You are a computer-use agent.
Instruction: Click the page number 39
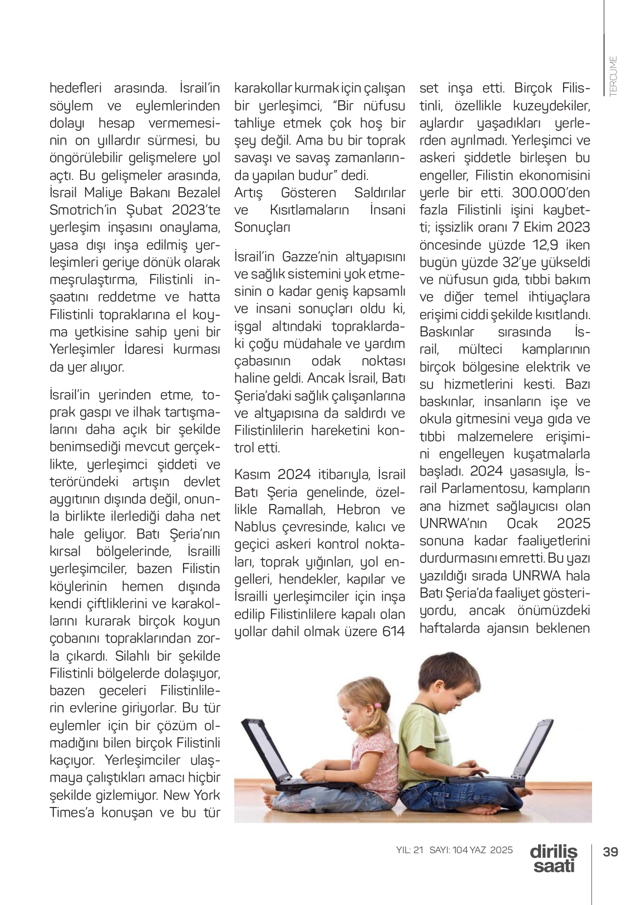click(610, 852)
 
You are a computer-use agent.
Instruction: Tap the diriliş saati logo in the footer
click(554, 859)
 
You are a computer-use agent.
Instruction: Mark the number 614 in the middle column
click(392, 631)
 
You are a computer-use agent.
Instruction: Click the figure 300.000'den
click(551, 193)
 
